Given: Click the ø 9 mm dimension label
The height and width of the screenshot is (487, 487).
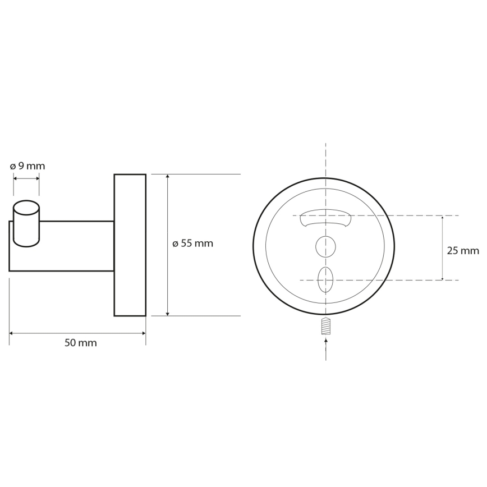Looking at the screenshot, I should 27,166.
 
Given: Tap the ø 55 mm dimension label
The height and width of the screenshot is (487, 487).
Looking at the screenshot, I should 193,244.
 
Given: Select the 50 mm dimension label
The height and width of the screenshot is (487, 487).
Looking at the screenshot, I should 81,343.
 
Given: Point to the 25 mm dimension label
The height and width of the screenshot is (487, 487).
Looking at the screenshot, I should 463,251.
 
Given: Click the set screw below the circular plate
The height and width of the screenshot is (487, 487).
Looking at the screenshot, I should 326,326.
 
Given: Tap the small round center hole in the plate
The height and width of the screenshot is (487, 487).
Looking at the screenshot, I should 325,246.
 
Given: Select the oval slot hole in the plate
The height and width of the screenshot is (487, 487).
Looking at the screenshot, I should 325,279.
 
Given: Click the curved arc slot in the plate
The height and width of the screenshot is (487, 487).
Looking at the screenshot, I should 325,218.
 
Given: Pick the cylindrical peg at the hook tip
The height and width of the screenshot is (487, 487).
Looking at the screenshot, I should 26,223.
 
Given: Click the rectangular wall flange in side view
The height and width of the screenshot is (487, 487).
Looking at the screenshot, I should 130,245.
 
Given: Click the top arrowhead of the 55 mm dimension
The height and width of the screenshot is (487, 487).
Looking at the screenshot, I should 168,177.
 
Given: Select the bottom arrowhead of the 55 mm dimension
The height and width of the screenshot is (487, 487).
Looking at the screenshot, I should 168,313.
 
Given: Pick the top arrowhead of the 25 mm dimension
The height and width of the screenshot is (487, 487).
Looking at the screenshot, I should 443,218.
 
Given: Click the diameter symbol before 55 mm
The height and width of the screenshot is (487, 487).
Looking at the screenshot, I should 176,244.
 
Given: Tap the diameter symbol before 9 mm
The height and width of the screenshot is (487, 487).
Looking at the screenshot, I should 13,167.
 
